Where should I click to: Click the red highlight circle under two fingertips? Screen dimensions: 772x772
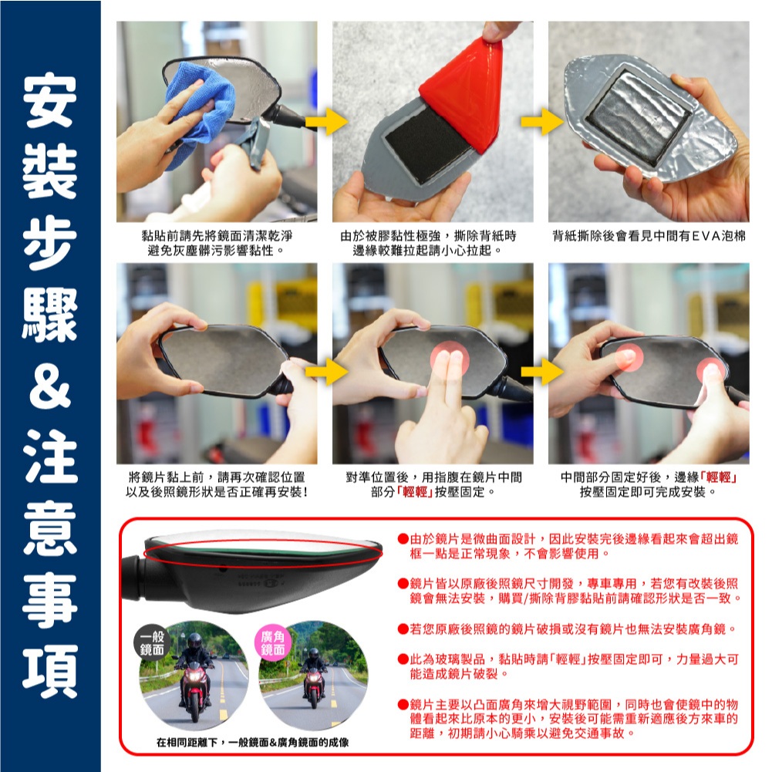tap(449, 357)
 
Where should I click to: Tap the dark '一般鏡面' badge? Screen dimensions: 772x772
tap(152, 643)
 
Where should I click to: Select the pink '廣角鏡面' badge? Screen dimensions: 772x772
tap(273, 643)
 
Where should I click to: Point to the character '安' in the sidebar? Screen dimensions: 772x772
tap(49, 100)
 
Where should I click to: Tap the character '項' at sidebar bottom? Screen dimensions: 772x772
tap(49, 671)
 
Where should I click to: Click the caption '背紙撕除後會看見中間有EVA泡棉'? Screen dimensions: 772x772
tap(649, 236)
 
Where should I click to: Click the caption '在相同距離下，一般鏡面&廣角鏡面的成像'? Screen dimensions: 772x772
tap(252, 743)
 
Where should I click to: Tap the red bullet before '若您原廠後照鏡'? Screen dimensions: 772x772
tap(403, 629)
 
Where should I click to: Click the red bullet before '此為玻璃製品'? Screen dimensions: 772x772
tap(403, 659)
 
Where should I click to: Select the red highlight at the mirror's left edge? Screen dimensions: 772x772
tap(629, 357)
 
